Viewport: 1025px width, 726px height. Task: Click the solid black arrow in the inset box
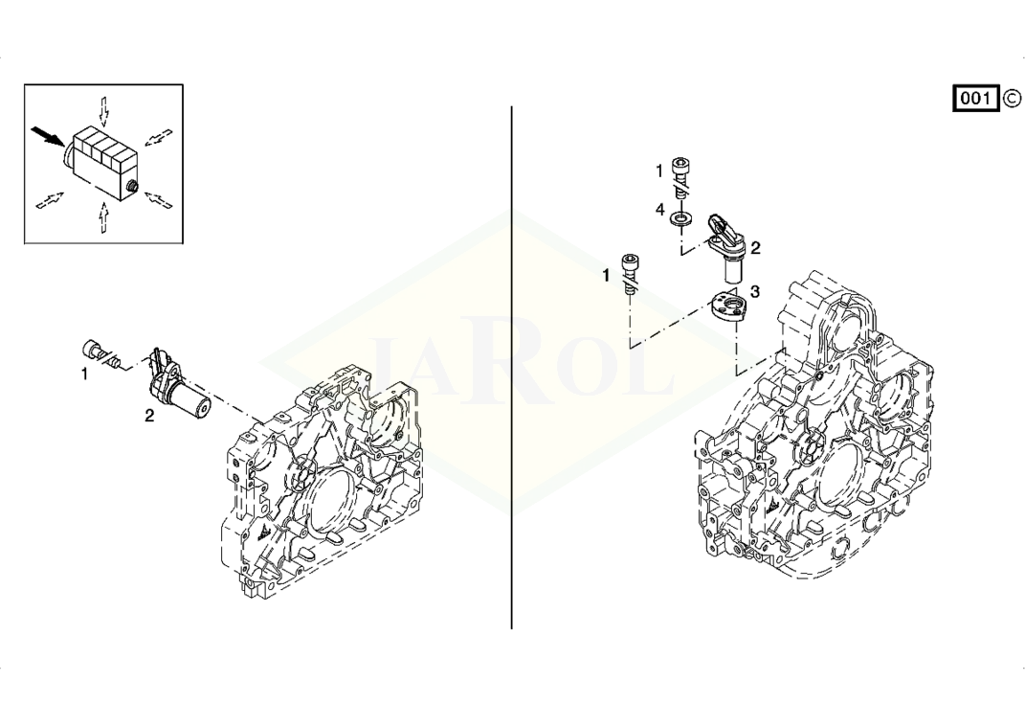click(48, 135)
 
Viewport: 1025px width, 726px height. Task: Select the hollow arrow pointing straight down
click(104, 111)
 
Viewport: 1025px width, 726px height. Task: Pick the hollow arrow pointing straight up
click(102, 216)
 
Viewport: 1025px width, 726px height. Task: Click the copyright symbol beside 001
click(1011, 99)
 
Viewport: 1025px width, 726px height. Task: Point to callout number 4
click(659, 210)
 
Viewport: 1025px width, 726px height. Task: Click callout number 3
click(755, 292)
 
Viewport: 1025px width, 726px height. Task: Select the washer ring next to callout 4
click(681, 217)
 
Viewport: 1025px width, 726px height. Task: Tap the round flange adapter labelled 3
click(726, 306)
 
